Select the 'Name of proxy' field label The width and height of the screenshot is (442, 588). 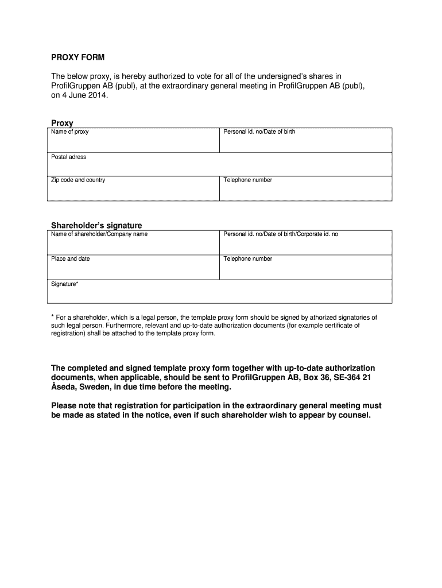(69, 132)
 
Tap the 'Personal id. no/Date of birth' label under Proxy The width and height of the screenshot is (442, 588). (259, 132)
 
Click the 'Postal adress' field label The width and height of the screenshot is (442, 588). (68, 157)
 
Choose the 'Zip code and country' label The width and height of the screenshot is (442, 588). (78, 180)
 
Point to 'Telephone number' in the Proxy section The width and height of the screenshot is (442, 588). (248, 180)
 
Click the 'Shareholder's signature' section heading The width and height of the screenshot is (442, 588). (96, 225)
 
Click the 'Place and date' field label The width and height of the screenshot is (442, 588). (71, 259)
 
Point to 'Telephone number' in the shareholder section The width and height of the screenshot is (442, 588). (248, 259)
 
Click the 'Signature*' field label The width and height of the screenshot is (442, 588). (65, 284)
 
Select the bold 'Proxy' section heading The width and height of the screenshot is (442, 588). (62, 123)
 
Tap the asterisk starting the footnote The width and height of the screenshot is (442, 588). (53, 317)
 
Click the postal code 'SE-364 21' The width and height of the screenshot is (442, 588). (344, 377)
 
